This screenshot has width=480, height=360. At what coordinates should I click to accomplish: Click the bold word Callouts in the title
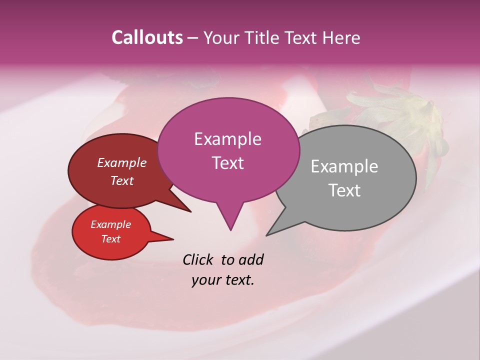point(147,37)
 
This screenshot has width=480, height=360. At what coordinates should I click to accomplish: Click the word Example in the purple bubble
point(227,139)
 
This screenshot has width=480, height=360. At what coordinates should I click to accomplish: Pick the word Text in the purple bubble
point(227,162)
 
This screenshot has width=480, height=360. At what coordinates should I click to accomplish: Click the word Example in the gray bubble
point(344,166)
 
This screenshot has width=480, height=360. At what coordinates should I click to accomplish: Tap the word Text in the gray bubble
point(344,190)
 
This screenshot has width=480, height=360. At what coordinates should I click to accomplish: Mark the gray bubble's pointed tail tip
point(267,235)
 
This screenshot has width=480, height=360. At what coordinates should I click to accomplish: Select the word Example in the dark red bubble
point(121,162)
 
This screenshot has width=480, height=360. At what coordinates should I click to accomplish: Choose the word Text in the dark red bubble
point(121,180)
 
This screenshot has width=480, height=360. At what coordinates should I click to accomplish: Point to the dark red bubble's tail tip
point(190,211)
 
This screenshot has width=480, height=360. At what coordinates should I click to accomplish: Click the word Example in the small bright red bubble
point(110,224)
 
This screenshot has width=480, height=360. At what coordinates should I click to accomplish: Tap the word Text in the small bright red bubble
point(110,239)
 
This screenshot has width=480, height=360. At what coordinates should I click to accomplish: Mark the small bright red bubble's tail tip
point(173,239)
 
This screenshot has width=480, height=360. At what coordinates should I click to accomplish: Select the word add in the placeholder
point(250,259)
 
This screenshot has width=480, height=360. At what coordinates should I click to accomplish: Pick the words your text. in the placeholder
point(223,280)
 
